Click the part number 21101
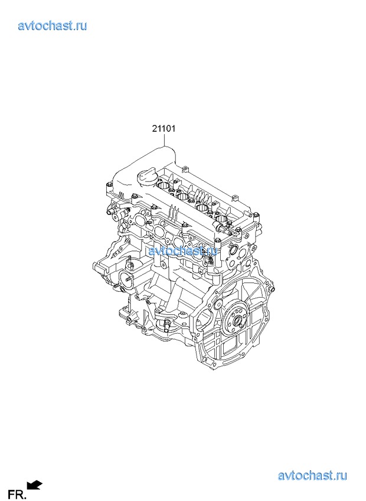164,129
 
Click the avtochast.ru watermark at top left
53,25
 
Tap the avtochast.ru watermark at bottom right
312,476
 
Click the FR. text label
17,495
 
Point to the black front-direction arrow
34,485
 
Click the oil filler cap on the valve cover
146,177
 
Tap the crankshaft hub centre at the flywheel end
237,320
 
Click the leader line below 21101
165,140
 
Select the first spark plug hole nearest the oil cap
165,186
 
